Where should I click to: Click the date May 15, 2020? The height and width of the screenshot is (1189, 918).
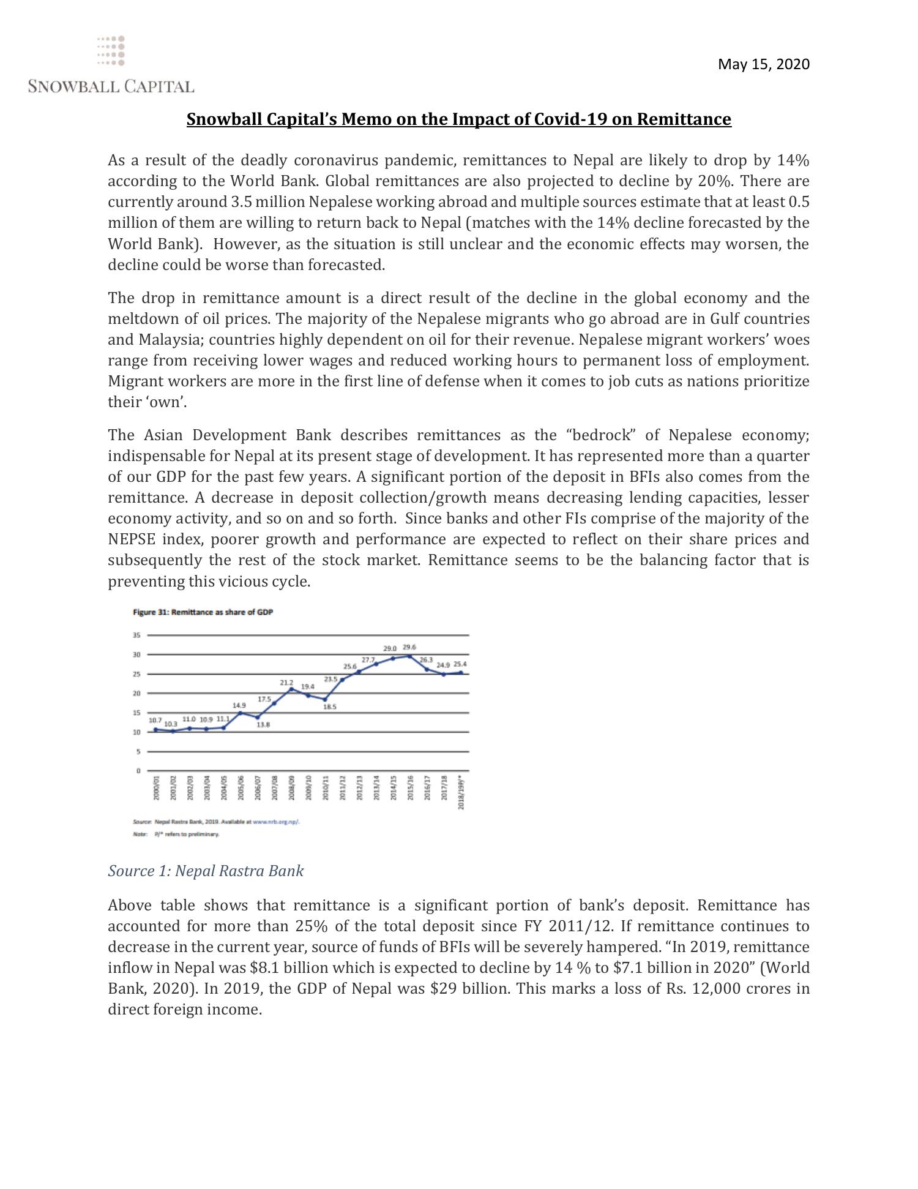tap(763, 64)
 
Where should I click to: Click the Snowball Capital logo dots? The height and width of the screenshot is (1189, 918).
tap(111, 51)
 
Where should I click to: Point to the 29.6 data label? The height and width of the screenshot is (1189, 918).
tap(409, 647)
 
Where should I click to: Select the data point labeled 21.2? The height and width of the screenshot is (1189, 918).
tap(291, 689)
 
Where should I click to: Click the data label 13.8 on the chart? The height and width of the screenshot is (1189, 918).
tap(263, 725)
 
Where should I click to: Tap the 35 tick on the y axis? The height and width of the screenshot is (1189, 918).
tap(136, 636)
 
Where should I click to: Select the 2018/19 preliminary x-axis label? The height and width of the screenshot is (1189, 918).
tap(461, 791)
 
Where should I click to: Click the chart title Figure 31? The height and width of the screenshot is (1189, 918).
tap(203, 612)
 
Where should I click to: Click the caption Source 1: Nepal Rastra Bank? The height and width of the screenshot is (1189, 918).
tap(206, 871)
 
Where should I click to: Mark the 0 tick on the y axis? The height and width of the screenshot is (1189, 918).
tap(138, 771)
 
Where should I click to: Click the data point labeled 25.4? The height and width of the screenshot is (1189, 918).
tap(461, 672)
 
